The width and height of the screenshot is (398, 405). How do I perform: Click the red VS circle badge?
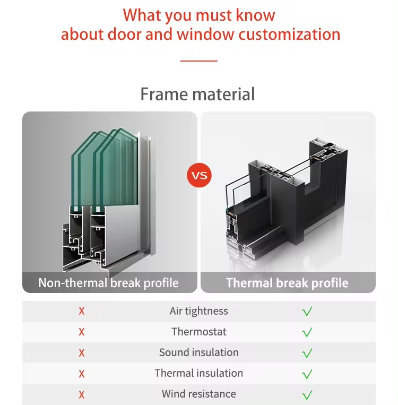(199, 175)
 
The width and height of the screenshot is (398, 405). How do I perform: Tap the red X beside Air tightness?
(82, 311)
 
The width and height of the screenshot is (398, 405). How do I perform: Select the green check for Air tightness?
(307, 311)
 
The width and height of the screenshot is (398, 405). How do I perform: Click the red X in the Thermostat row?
(82, 332)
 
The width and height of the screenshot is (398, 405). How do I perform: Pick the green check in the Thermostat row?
(307, 332)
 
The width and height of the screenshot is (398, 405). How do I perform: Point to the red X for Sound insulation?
(82, 353)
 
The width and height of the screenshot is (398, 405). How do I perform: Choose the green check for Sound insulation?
(307, 353)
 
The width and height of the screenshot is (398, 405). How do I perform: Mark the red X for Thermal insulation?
(82, 374)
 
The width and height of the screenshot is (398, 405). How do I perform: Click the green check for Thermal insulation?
(307, 374)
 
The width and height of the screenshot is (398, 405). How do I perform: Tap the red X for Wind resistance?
(82, 395)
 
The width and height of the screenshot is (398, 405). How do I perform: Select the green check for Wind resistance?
(307, 395)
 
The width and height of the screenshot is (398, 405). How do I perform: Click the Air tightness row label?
(199, 311)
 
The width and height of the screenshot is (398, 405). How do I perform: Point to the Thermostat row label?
(199, 332)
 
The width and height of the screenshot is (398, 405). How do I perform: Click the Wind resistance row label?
(199, 394)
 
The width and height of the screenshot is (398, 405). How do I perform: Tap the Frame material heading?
(197, 94)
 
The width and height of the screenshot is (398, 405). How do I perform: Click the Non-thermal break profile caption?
(108, 283)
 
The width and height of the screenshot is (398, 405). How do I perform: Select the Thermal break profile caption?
(287, 283)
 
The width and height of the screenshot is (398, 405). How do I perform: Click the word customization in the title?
(289, 35)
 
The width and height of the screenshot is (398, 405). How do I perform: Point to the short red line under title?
(199, 61)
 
